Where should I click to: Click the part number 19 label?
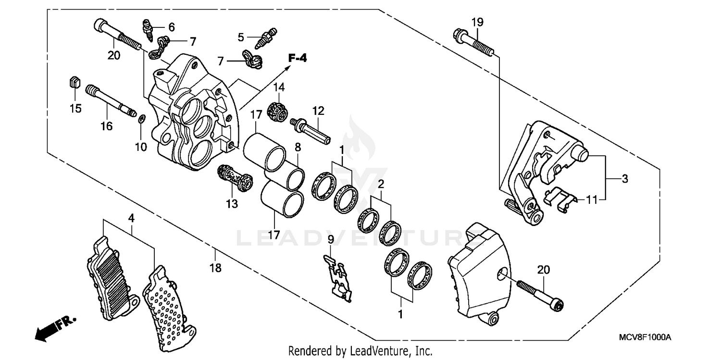click(x=477, y=22)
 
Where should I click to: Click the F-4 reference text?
click(x=297, y=58)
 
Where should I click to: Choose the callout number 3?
click(x=624, y=179)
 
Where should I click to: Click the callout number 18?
click(x=216, y=268)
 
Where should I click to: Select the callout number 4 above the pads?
click(x=131, y=218)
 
